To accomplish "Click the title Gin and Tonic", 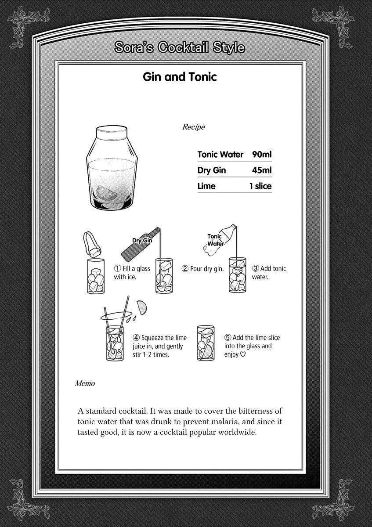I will (180, 77).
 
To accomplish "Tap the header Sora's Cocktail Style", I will (180, 47).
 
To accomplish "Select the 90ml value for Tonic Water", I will (262, 155).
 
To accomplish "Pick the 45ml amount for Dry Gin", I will (262, 170).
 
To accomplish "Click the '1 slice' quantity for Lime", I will (260, 186).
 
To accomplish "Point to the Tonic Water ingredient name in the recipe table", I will (220, 155).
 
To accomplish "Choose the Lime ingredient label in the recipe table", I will (206, 186).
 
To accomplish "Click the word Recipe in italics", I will (193, 127).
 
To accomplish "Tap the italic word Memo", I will (85, 383).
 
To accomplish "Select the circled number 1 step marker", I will (118, 269).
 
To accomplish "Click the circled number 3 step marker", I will (255, 269).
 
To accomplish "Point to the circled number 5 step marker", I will (228, 338).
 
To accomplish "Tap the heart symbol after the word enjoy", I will (243, 354).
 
